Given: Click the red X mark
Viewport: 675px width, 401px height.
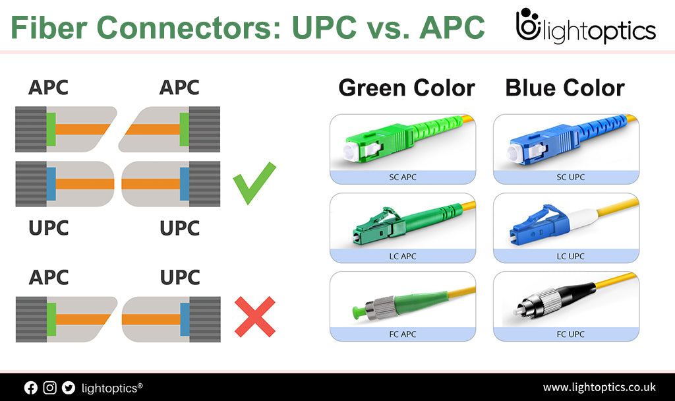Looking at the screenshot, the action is [x=255, y=317].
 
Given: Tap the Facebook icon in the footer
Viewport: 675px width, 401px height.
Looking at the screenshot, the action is [x=30, y=388].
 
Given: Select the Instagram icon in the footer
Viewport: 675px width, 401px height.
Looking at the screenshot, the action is [x=49, y=388].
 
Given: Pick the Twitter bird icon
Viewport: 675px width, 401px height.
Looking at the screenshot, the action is [x=69, y=388].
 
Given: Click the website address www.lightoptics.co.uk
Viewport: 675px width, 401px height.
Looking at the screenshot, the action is [x=599, y=387].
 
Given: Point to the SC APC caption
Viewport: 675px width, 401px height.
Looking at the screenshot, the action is [x=403, y=177].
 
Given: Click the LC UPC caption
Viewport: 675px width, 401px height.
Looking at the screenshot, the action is [x=570, y=257].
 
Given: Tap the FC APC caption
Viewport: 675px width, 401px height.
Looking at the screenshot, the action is [x=403, y=334].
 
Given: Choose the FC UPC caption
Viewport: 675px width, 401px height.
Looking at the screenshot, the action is [x=570, y=334].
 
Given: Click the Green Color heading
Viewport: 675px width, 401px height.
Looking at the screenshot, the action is [x=407, y=88].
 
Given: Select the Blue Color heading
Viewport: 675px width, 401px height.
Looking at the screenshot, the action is [x=565, y=88].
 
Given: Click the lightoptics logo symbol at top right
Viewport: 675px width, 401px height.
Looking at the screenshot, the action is [x=528, y=24].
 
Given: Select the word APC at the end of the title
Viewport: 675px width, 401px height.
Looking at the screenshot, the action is [x=452, y=28].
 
